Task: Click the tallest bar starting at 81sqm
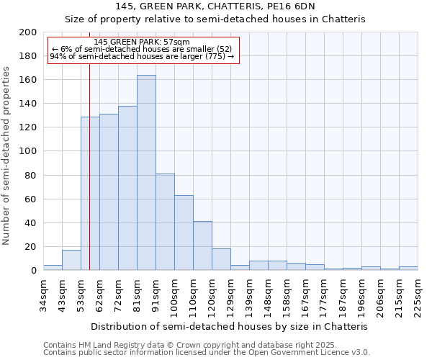(x=146, y=173)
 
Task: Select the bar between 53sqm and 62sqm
(x=90, y=194)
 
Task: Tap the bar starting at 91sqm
(x=165, y=222)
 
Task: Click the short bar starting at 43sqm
(x=71, y=260)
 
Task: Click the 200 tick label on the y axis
(x=28, y=32)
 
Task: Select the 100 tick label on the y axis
(x=28, y=151)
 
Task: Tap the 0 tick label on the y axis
(x=34, y=271)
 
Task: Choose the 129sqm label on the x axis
(x=230, y=295)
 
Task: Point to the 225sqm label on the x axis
(x=418, y=295)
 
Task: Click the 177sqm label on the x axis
(x=324, y=295)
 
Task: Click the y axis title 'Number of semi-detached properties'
(x=7, y=156)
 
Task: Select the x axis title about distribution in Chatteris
(x=230, y=326)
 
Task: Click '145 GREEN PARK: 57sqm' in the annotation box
(x=142, y=42)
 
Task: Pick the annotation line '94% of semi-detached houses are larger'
(x=142, y=56)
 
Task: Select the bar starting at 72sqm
(x=127, y=188)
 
